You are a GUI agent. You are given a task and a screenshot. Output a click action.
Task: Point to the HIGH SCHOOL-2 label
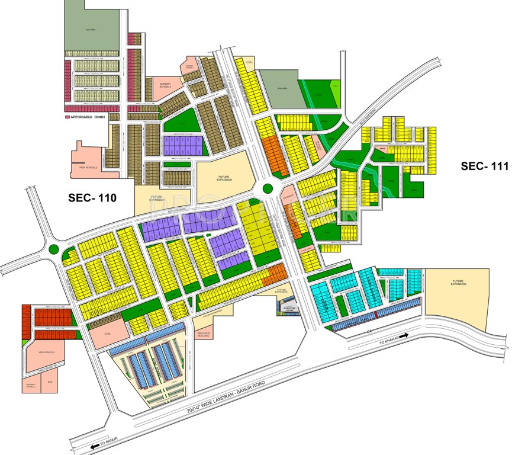point(88,168)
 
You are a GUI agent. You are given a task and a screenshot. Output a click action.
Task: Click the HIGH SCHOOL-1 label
point(47,353)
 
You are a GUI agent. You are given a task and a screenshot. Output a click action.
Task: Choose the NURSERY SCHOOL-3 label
point(166,86)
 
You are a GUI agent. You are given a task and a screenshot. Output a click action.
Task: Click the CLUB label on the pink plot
point(107,334)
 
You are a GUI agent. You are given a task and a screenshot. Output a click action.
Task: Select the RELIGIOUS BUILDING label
point(204,334)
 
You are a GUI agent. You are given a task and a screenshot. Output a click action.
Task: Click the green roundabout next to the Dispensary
point(268,189)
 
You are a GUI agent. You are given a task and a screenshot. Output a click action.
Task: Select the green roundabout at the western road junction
point(55,250)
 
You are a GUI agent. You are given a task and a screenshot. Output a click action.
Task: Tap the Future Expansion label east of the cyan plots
point(458,283)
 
